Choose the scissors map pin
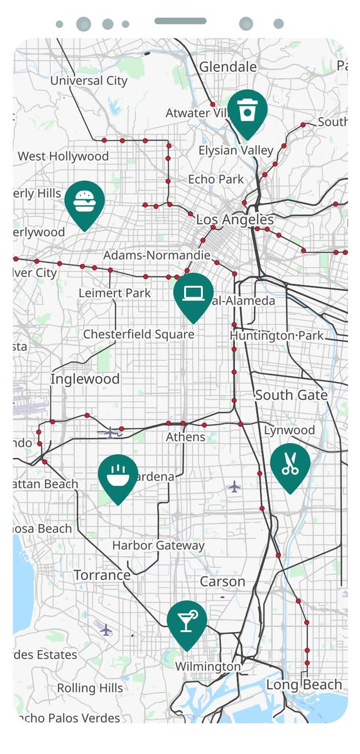[290, 465]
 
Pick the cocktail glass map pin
[187, 623]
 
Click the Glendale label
[228, 67]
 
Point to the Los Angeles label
[235, 219]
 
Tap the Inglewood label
[85, 379]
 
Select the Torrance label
[102, 575]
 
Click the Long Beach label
[304, 684]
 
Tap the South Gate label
[291, 395]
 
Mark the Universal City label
[89, 80]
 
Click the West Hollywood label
[63, 156]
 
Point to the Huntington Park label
[276, 336]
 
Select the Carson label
[222, 581]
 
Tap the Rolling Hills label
[90, 688]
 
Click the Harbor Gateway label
[158, 545]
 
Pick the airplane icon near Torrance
[106, 629]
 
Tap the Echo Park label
[215, 179]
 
